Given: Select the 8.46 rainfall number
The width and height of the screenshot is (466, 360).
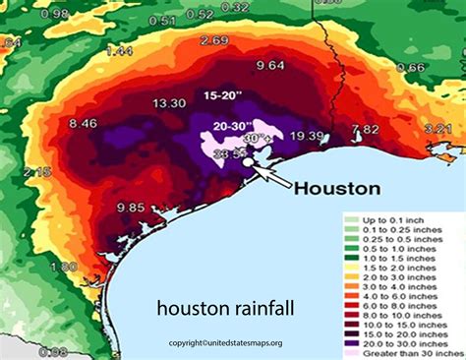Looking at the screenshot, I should [83, 123].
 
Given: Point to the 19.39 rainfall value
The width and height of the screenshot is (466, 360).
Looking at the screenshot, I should [308, 136].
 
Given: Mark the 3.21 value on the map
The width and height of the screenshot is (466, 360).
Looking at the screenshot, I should [437, 128].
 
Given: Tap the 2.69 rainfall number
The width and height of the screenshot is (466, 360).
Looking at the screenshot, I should [214, 40].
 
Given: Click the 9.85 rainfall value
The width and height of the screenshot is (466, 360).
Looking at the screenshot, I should [130, 208].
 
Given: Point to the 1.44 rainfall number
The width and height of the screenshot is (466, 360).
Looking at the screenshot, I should [119, 50].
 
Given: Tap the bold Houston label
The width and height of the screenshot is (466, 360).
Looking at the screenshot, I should [339, 187].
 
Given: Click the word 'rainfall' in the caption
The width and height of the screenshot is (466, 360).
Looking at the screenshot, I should [260, 310].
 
